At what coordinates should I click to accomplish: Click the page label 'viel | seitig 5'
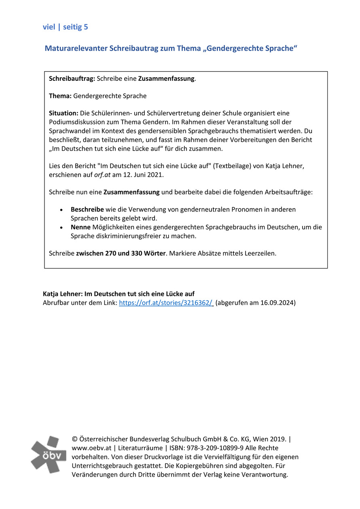click(65, 27)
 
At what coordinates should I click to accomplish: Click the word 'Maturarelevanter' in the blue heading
click(76, 49)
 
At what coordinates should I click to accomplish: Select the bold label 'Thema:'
click(60, 96)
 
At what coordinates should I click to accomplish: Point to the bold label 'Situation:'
click(64, 113)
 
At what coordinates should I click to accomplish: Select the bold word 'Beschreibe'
click(87, 209)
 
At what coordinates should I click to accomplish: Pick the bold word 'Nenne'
click(80, 227)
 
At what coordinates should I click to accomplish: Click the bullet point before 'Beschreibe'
click(61, 210)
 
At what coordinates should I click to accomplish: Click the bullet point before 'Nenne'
click(61, 228)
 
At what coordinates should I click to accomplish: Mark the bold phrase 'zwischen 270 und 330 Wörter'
click(121, 253)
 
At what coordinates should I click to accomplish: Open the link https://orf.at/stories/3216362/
click(166, 303)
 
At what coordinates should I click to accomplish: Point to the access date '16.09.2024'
click(277, 303)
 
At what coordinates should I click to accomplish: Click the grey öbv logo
click(49, 455)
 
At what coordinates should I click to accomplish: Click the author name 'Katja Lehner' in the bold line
click(62, 294)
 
